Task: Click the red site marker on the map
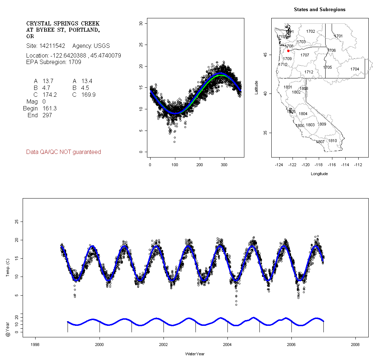point(288,51)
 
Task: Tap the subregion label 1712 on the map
point(309,72)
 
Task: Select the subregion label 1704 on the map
point(355,69)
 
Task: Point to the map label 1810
point(332,141)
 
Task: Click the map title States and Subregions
point(319,10)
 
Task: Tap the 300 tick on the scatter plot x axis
point(224,165)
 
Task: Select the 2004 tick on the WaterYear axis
point(227,345)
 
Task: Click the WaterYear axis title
point(195,354)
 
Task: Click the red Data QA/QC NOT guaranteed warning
point(64,152)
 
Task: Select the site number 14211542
point(52,46)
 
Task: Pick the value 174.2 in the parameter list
point(50,95)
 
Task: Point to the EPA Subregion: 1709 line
point(54,62)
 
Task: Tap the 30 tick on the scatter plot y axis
point(141,24)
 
